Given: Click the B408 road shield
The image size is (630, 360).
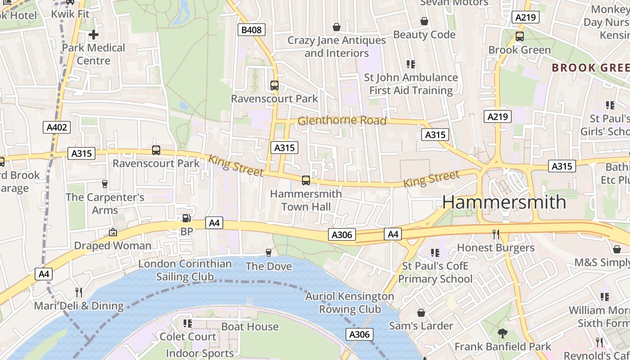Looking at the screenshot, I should (x=251, y=30).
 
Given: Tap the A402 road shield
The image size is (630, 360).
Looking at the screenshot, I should (x=57, y=127).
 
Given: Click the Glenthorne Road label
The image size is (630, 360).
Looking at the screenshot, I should (x=342, y=121).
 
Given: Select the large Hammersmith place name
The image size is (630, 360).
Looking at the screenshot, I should (x=504, y=202).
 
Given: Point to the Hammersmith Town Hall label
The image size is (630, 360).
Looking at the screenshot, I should (x=306, y=201).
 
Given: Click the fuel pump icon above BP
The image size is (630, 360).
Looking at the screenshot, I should (x=186, y=219).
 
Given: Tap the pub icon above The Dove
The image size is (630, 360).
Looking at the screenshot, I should (x=269, y=253).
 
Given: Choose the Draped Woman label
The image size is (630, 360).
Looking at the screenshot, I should (x=112, y=246).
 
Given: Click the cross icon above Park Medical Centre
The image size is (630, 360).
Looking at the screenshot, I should (x=94, y=35).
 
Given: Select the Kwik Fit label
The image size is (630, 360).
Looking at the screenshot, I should (x=70, y=14).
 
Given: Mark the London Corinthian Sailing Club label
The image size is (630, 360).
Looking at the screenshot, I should (x=185, y=270).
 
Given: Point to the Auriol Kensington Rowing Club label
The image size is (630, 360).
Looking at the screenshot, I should (x=350, y=303).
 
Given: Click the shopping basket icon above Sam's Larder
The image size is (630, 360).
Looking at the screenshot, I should (x=421, y=313).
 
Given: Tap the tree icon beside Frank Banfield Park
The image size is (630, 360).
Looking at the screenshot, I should (x=503, y=333).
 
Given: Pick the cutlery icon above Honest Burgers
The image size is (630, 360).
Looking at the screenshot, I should (x=496, y=234).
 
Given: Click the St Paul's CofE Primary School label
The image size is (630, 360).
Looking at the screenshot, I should (x=435, y=273).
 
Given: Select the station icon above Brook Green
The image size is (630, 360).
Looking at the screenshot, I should (x=520, y=36).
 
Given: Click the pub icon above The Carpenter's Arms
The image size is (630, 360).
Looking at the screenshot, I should (x=105, y=184).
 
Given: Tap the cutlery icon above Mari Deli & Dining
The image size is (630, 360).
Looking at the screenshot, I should (x=79, y=292).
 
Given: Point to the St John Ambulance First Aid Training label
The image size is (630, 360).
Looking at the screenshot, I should (x=411, y=84).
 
